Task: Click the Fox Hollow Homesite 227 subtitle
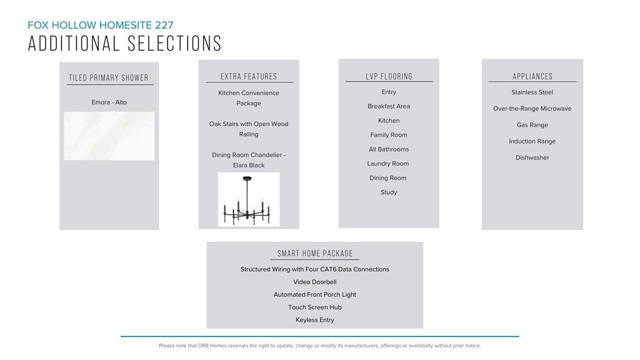pos(100,25)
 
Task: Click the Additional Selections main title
pos(125,44)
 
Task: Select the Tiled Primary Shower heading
pos(109,78)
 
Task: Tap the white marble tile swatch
pos(109,136)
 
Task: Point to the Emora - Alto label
pos(109,103)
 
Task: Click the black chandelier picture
pos(248,199)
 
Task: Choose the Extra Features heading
pos(249,77)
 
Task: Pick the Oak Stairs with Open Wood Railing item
pos(249,129)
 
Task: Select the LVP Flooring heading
pos(389,77)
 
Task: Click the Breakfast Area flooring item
pos(389,106)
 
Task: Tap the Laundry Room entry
pos(388,164)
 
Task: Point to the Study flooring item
pos(389,193)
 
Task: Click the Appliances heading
pos(533,77)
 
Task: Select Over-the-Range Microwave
pos(532,109)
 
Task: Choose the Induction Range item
pos(532,142)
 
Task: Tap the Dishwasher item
pos(532,158)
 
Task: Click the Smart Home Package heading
pos(315,254)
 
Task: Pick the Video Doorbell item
pos(315,282)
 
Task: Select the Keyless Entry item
pos(315,320)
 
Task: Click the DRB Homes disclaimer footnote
pos(320,346)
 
